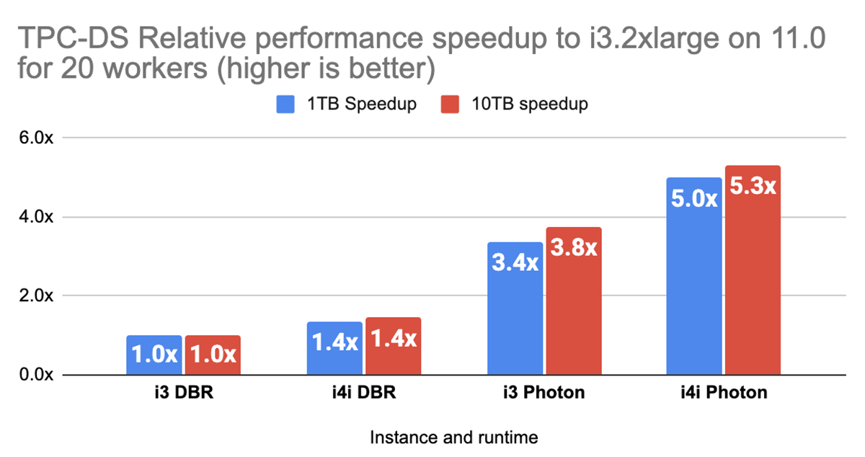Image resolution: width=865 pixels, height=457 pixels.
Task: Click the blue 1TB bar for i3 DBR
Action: pos(154,355)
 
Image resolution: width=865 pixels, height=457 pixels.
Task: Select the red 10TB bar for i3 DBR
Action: pos(213,355)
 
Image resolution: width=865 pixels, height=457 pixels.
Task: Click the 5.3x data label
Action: pos(753,187)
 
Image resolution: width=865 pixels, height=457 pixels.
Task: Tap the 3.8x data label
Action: pos(573,249)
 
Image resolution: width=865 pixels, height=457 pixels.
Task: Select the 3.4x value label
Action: pos(515,263)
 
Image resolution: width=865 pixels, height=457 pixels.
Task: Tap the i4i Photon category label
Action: pos(724,394)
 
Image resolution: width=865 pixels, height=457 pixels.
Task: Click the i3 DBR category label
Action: pos(183,394)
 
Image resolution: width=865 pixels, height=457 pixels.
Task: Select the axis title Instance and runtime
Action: pos(453,437)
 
